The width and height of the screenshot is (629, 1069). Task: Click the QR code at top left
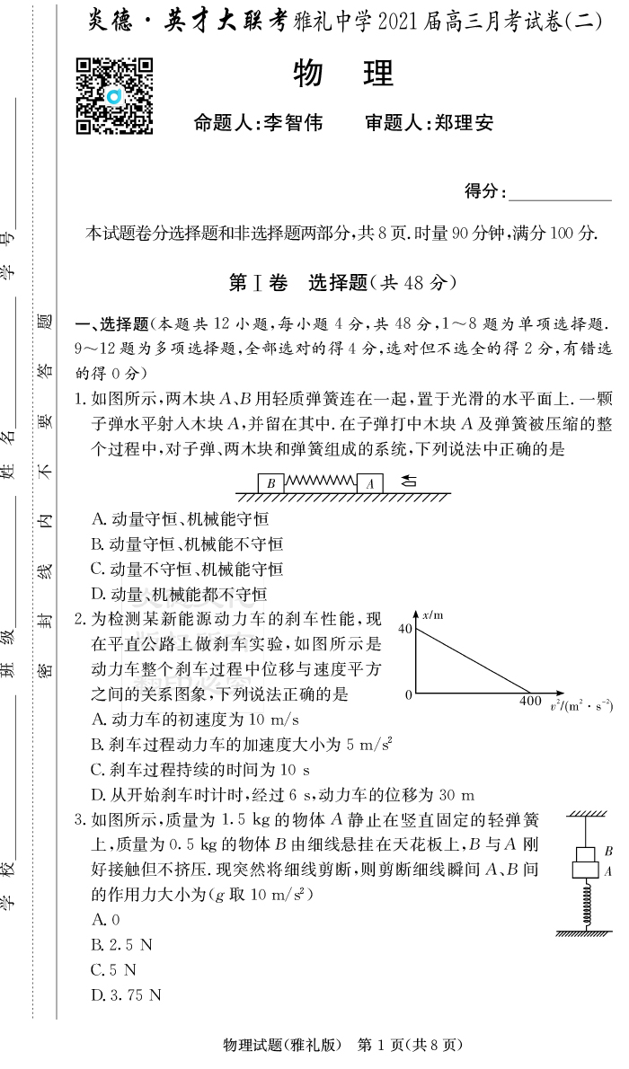pos(114,96)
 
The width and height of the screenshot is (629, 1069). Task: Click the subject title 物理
pos(344,74)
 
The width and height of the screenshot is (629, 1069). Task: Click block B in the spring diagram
pos(270,483)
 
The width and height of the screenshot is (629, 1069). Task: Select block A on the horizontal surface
pos(369,483)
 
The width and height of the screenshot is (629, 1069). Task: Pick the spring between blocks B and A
pos(320,481)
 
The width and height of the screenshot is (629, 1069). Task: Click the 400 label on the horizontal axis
pos(530,702)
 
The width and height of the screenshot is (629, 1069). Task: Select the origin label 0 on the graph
pos(408,694)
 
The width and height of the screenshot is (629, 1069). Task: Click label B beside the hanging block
pos(608,851)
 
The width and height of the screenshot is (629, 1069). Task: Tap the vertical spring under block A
pos(585,904)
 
